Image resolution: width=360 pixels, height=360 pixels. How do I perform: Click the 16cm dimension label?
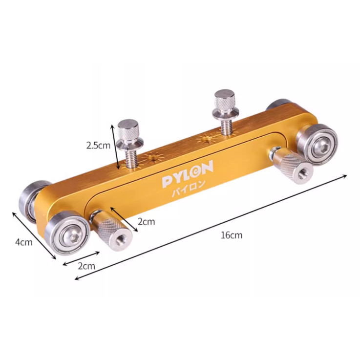(x=232, y=235)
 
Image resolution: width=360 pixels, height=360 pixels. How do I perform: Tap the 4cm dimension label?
(x=24, y=242)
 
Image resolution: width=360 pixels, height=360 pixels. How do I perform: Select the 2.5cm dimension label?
(x=98, y=146)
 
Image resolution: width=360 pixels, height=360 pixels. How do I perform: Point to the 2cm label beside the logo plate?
(x=146, y=222)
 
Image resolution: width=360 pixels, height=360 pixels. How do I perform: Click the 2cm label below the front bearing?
(x=86, y=266)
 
